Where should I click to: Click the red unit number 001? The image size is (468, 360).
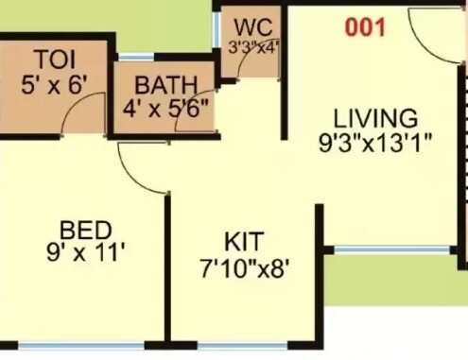pyautogui.click(x=365, y=27)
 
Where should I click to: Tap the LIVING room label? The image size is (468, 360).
pyautogui.click(x=375, y=120)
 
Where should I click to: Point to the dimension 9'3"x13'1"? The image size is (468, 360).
pyautogui.click(x=375, y=145)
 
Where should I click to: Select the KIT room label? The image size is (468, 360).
pyautogui.click(x=244, y=239)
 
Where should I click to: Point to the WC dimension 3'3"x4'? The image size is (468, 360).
pyautogui.click(x=251, y=43)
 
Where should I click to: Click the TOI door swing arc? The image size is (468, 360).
pyautogui.click(x=76, y=117)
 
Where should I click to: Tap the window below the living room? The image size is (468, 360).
pyautogui.click(x=392, y=249)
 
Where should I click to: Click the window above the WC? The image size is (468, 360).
pyautogui.click(x=250, y=7)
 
